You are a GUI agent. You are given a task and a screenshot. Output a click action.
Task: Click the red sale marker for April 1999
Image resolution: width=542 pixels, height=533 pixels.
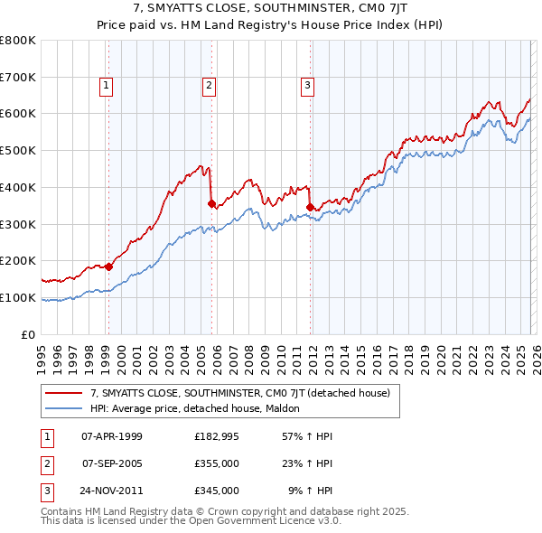(108, 266)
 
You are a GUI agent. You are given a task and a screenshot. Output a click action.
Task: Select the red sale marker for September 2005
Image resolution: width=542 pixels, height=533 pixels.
(211, 204)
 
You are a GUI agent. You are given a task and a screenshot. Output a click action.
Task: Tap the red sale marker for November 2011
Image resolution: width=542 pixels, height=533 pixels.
(310, 207)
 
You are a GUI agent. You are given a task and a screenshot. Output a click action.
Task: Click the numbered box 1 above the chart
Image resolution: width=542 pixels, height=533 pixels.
(107, 86)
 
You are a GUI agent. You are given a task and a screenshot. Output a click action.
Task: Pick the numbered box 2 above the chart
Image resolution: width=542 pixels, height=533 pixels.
(209, 86)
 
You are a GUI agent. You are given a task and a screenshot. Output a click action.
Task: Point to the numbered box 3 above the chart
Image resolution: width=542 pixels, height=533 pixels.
(307, 86)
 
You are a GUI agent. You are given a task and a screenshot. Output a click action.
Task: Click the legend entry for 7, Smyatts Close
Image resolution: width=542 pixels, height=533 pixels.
(239, 393)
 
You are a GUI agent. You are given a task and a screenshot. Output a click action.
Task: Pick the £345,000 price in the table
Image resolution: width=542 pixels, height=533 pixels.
(217, 491)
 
